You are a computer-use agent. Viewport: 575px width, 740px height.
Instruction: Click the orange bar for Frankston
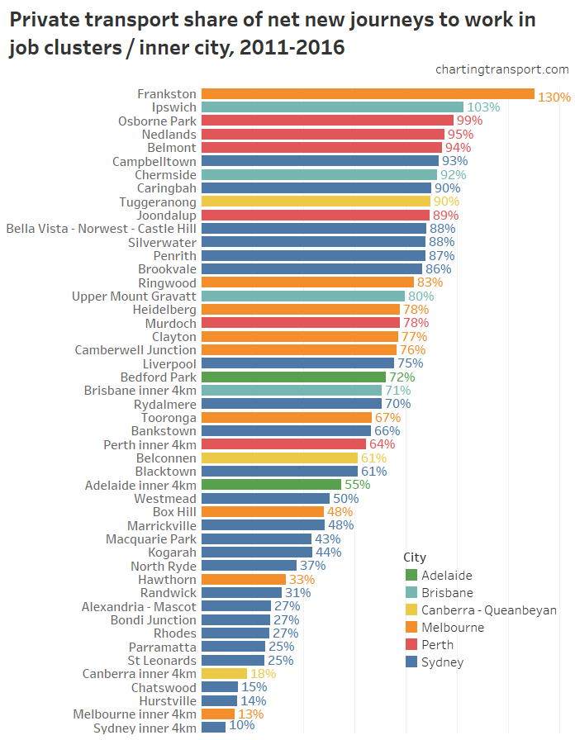coord(368,94)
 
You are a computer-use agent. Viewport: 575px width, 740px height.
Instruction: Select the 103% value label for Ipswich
coord(483,107)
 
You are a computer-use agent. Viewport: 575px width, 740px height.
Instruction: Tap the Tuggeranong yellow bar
coord(316,202)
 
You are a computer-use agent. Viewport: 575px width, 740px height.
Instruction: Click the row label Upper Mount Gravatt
coord(134,296)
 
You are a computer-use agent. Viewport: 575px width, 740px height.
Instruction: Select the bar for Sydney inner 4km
coord(213,728)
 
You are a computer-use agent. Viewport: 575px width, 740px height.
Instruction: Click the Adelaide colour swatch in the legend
coord(411,576)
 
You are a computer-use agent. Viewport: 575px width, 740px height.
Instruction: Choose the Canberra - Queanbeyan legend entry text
coord(488,610)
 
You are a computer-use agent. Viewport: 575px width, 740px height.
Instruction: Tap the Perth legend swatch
coord(411,645)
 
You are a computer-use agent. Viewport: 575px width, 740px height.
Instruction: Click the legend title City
coord(415,557)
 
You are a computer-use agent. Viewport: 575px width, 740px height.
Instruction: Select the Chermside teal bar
coord(319,175)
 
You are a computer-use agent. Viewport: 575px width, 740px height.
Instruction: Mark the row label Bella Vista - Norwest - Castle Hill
coord(101,229)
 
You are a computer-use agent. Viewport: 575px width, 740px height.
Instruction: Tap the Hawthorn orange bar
coord(243,580)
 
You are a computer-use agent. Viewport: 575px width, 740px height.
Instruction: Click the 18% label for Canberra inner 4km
coord(263,674)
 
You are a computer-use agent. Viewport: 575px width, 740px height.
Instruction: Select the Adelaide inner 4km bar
coord(271,485)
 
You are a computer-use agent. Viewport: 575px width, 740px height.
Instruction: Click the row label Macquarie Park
coord(150,539)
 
